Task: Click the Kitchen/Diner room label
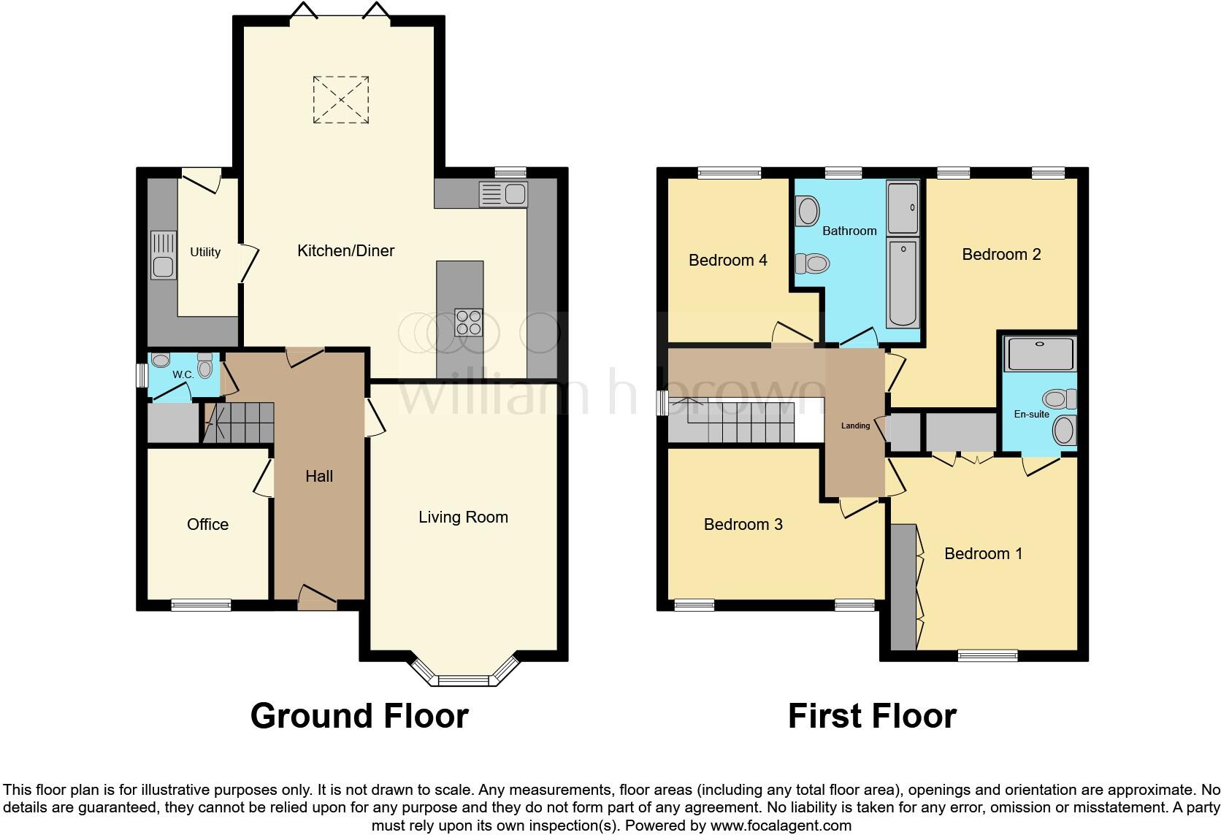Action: (345, 251)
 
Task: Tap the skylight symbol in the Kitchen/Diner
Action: (341, 99)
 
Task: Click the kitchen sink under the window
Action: (503, 195)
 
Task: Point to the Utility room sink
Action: (163, 255)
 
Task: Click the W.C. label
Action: (183, 374)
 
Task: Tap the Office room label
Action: (207, 525)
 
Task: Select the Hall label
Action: (319, 477)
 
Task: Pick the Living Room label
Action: (463, 517)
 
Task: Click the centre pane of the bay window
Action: (462, 681)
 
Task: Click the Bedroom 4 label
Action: (727, 261)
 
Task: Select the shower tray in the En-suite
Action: (1040, 354)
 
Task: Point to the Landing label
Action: (855, 426)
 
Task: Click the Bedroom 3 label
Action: (743, 525)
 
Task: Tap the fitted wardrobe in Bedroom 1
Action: (903, 587)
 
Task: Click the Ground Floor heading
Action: (359, 716)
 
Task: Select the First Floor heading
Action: (872, 716)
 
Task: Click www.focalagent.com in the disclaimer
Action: (781, 826)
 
